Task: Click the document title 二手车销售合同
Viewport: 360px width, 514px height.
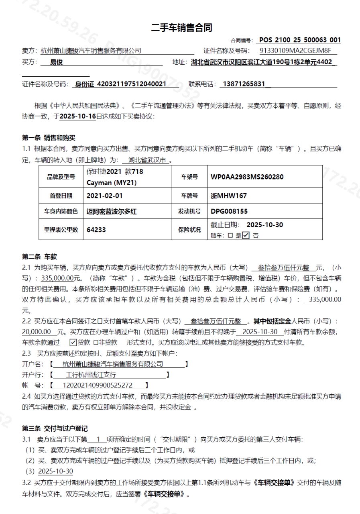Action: (x=181, y=28)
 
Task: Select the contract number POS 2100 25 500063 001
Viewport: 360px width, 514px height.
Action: (x=300, y=40)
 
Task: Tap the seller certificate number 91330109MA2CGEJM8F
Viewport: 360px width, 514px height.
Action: (x=295, y=51)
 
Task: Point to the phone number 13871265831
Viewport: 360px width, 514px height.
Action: (x=244, y=84)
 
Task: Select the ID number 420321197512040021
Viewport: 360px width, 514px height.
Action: (x=132, y=84)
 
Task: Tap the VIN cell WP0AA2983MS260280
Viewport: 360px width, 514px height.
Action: (x=247, y=177)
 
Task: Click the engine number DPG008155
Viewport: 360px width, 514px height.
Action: (x=229, y=211)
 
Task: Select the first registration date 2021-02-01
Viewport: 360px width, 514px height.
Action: (x=105, y=196)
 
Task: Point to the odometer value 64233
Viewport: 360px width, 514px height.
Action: (x=96, y=230)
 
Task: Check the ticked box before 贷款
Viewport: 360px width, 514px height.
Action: (x=73, y=343)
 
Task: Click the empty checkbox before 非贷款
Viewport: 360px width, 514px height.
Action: (x=96, y=343)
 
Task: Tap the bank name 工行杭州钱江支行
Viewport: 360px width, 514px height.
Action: (x=91, y=375)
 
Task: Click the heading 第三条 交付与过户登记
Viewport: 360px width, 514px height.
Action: (x=55, y=429)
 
